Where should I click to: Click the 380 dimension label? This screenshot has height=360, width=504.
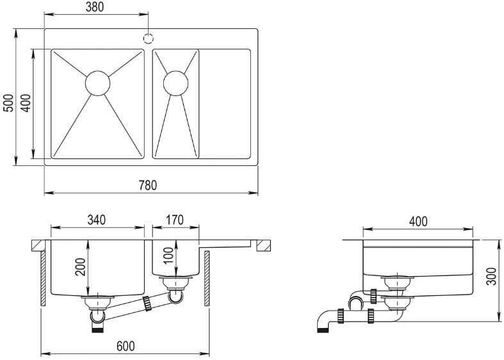pyautogui.click(x=95, y=7)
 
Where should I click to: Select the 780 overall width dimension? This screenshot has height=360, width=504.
pyautogui.click(x=148, y=186)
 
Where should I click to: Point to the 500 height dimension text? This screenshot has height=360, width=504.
pyautogui.click(x=9, y=103)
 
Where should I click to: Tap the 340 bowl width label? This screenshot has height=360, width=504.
pyautogui.click(x=97, y=220)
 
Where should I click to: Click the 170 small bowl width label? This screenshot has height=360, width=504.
pyautogui.click(x=175, y=220)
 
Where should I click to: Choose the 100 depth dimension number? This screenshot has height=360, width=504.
pyautogui.click(x=168, y=256)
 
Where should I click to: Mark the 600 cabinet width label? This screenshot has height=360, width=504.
pyautogui.click(x=126, y=346)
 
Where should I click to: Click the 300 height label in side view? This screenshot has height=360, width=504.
pyautogui.click(x=491, y=276)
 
